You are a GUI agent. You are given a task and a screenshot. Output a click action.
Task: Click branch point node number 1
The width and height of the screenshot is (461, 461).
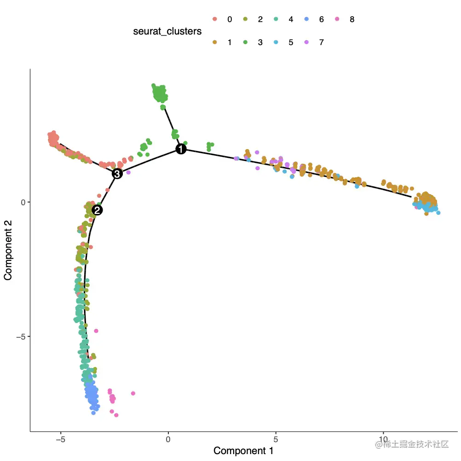tap(181, 149)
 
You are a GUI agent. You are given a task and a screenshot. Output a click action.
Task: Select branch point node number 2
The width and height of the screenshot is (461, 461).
tap(97, 210)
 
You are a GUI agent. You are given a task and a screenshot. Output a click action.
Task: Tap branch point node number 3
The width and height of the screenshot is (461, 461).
tap(117, 173)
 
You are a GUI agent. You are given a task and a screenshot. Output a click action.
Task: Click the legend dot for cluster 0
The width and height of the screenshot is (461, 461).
tap(214, 19)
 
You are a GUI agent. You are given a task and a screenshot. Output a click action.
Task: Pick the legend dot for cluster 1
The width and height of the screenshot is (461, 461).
tap(214, 42)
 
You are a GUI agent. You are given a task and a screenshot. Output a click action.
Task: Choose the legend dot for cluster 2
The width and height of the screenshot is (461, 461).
tap(245, 19)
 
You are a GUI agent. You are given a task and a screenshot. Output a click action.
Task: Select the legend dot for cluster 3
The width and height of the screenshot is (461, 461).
tap(245, 42)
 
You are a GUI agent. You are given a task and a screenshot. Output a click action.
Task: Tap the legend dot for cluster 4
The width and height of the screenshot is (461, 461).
tap(276, 19)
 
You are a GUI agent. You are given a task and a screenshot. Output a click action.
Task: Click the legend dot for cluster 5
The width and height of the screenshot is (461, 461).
tap(276, 42)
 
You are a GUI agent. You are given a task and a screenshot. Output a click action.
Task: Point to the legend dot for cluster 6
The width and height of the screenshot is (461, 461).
tap(306, 19)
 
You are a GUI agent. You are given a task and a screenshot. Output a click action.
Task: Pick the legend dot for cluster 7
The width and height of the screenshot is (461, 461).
tap(306, 42)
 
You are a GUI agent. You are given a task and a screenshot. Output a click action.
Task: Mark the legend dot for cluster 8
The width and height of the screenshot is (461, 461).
tap(337, 19)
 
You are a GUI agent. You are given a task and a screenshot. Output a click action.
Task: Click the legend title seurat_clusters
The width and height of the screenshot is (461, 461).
tap(167, 31)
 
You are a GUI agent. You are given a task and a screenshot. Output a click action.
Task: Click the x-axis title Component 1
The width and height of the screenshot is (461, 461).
tap(243, 450)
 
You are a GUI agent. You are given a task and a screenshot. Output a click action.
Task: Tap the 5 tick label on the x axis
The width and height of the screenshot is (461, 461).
tap(276, 439)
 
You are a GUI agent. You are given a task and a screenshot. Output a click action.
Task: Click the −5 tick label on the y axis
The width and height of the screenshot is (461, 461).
tap(19, 336)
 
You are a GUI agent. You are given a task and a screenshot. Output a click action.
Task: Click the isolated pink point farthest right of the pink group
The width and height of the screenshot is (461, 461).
tap(133, 393)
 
